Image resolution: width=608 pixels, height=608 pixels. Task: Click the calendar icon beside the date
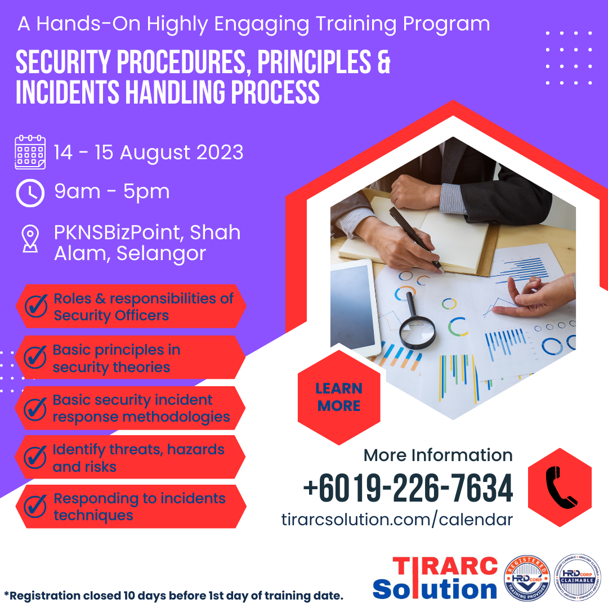coord(30,152)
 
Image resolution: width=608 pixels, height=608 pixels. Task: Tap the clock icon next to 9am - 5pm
coord(30,193)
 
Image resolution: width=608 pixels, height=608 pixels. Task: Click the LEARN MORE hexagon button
coord(339,397)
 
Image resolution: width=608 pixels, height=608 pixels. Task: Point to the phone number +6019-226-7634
coord(408,489)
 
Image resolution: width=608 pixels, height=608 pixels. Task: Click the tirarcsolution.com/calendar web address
coord(397,520)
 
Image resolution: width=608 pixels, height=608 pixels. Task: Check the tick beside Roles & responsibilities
coord(35,307)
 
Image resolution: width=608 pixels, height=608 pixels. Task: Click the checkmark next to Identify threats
coord(35,458)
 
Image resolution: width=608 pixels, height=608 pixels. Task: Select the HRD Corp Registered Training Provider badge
coord(527,578)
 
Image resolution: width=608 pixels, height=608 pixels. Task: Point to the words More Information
coord(438,455)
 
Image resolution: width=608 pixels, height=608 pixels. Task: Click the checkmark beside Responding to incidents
coord(35,507)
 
